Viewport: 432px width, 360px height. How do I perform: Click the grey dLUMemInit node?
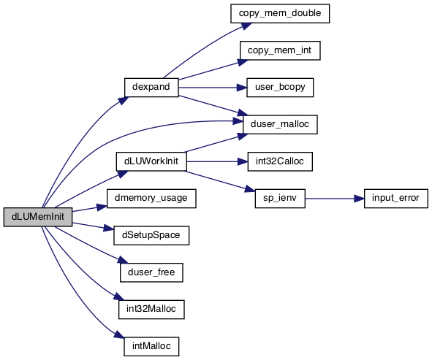point(38,217)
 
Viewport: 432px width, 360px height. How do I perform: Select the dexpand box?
point(151,88)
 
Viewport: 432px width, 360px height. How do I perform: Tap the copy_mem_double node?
point(280,13)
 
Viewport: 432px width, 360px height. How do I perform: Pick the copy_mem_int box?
point(280,50)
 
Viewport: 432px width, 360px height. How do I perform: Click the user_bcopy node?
point(280,88)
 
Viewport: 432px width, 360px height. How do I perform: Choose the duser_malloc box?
point(280,125)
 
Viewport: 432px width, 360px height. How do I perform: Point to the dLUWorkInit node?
point(151,161)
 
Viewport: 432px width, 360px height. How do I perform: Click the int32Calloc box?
point(280,161)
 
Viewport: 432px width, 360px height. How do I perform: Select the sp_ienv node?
point(280,199)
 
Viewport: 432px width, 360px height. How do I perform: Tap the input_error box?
point(396,199)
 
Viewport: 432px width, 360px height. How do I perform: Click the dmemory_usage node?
point(151,199)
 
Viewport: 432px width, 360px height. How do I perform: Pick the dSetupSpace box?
point(151,236)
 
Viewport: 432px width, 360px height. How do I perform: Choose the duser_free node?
point(151,272)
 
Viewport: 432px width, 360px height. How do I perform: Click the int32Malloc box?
point(151,310)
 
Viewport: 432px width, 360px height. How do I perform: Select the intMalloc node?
point(151,347)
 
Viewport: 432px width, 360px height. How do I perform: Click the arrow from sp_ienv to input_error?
point(335,199)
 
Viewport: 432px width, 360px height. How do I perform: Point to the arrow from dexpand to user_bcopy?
point(213,88)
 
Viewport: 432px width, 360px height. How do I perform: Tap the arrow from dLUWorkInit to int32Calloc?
point(217,161)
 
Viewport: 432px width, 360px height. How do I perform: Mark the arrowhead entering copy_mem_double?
point(246,26)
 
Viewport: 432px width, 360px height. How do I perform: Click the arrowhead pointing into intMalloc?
point(119,334)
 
